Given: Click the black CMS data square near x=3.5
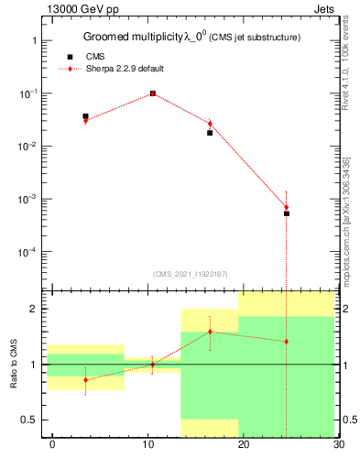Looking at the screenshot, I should (85, 116).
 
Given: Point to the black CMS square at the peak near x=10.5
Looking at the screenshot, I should (153, 93).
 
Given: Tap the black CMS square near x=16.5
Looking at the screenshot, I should (210, 133).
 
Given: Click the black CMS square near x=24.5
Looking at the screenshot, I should (287, 213).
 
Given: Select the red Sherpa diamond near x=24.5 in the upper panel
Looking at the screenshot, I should (287, 207).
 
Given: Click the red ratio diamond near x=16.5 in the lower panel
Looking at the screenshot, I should (210, 332).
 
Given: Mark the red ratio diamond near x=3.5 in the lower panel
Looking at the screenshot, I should (85, 379).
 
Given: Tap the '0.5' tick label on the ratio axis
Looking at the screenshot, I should (29, 420).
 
